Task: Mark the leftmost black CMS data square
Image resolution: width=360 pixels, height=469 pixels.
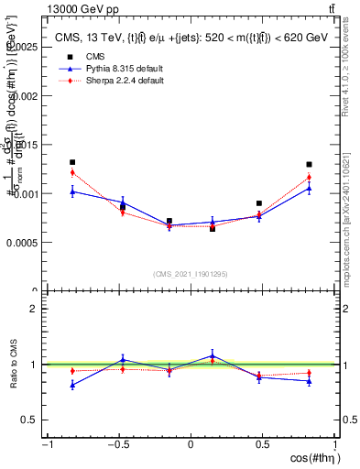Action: click(72, 162)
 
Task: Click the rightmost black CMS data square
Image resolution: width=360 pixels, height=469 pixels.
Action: click(309, 165)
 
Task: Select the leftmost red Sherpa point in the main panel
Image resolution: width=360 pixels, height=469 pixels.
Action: click(72, 172)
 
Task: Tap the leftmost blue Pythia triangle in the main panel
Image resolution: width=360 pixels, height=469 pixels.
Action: click(72, 191)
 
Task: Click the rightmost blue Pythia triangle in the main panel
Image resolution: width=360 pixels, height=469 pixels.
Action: click(309, 188)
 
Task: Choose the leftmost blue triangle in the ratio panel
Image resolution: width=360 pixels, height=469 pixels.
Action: click(72, 385)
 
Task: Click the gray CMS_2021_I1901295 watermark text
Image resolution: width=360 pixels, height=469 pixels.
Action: click(191, 273)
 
